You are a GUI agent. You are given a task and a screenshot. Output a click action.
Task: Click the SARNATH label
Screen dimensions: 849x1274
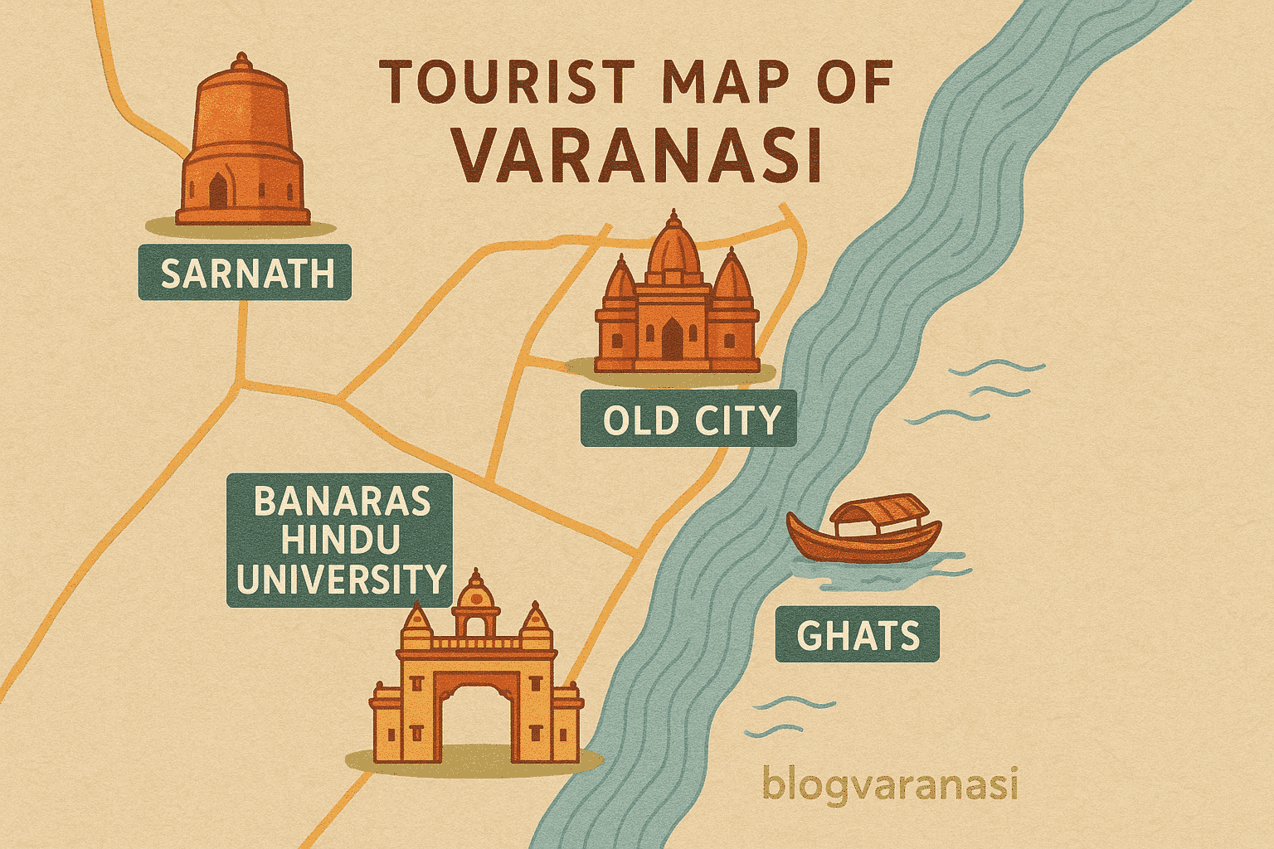pyautogui.click(x=245, y=273)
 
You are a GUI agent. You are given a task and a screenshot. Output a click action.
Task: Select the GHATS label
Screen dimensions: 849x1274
pyautogui.click(x=858, y=635)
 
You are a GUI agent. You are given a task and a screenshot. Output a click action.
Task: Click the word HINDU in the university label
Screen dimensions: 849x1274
pyautogui.click(x=340, y=541)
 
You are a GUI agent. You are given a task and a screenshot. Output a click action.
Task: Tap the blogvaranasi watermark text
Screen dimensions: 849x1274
pyautogui.click(x=889, y=784)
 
